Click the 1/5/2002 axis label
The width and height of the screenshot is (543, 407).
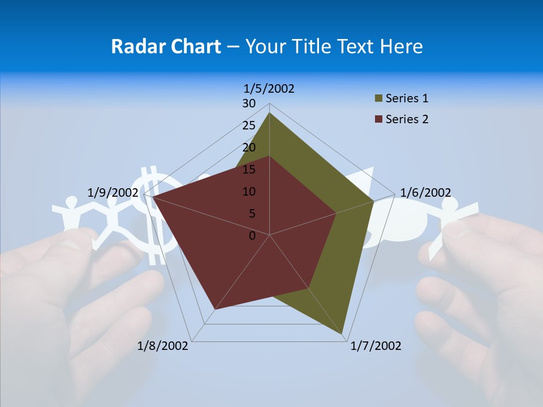pos(269,89)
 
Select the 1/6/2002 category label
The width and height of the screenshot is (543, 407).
pos(425,193)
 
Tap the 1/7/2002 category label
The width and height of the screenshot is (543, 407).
pos(376,346)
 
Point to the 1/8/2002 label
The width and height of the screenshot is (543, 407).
pos(163,346)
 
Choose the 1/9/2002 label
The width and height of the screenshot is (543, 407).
pos(113,193)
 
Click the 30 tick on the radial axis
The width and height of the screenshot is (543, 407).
pos(249,103)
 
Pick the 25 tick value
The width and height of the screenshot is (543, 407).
pos(249,125)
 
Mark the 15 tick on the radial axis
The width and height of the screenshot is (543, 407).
pos(249,170)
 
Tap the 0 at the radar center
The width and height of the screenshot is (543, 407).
pos(252,236)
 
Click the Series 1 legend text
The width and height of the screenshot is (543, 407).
pos(407,98)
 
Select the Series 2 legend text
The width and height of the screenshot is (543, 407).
pos(407,119)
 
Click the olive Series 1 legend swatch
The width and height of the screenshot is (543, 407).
pos(378,99)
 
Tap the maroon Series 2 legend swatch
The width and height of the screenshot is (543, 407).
pos(378,119)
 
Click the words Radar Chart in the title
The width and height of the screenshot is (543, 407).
pos(166,46)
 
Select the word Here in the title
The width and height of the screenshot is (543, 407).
pos(402,46)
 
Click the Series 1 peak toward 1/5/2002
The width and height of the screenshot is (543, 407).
pos(269,113)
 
